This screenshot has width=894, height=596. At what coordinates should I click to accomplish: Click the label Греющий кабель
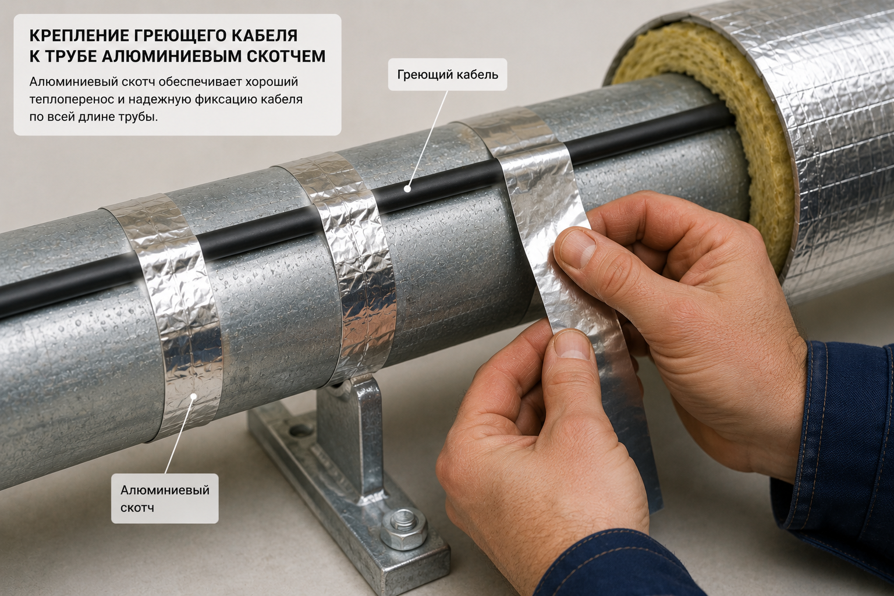tap(448, 74)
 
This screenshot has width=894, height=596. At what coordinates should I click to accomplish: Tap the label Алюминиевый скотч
tap(165, 498)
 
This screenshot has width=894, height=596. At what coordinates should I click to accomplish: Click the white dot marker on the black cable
tap(407, 189)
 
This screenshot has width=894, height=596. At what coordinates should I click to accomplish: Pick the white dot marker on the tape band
tap(194, 396)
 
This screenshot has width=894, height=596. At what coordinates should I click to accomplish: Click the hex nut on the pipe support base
tap(403, 528)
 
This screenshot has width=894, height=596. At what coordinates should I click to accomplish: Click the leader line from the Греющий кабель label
tap(428, 139)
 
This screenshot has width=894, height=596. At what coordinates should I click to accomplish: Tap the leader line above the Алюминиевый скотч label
tap(179, 435)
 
